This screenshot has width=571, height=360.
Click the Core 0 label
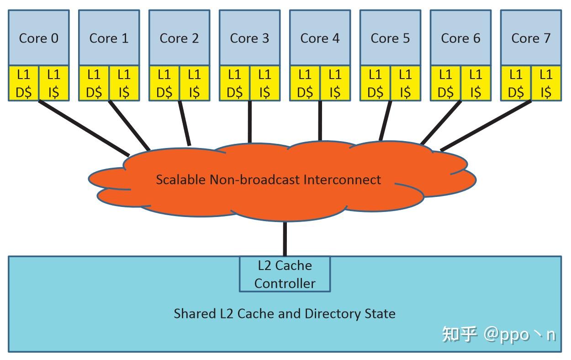pyautogui.click(x=39, y=38)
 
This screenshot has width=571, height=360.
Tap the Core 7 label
pyautogui.click(x=531, y=38)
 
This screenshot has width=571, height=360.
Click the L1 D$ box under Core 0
pyautogui.click(x=23, y=83)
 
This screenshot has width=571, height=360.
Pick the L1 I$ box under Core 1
pyautogui.click(x=124, y=83)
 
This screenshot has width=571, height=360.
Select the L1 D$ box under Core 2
pyautogui.click(x=164, y=83)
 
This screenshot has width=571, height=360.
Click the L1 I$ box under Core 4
pyautogui.click(x=335, y=83)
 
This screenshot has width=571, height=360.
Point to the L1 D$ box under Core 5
pyautogui.click(x=375, y=83)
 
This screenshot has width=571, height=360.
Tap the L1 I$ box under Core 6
pyautogui.click(x=476, y=83)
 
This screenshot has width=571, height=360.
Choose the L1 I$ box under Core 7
pyautogui.click(x=546, y=83)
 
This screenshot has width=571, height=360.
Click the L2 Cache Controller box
pyautogui.click(x=285, y=274)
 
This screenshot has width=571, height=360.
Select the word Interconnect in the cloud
pyautogui.click(x=342, y=180)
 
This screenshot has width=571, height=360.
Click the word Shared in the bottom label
pyautogui.click(x=195, y=313)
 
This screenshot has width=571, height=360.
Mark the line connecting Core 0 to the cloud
pyautogui.click(x=84, y=128)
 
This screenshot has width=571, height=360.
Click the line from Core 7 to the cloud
pyautogui.click(x=486, y=126)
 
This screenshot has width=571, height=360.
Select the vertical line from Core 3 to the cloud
pyautogui.click(x=250, y=122)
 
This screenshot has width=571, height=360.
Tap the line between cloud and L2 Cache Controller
pyautogui.click(x=285, y=239)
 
